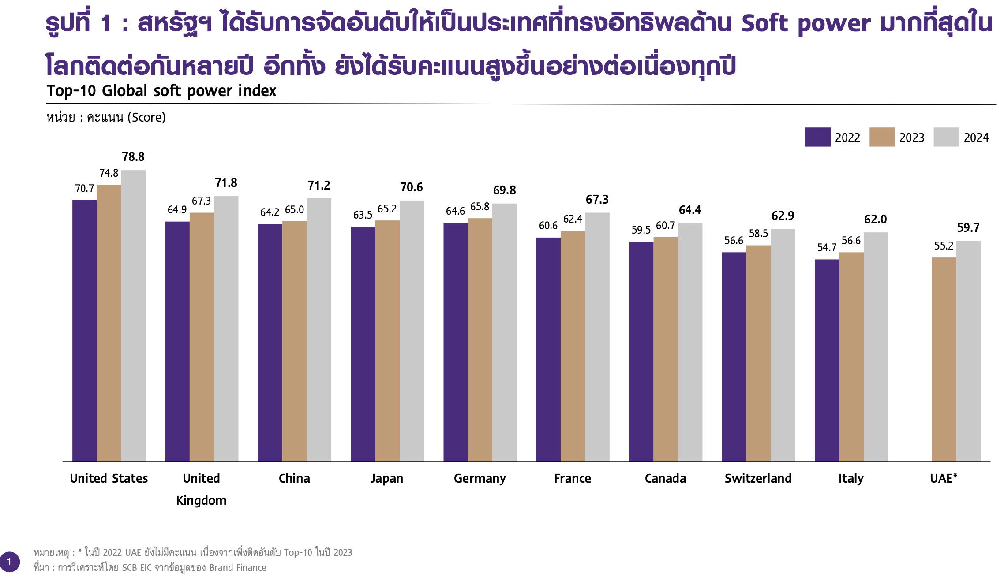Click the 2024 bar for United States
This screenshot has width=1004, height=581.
(133, 316)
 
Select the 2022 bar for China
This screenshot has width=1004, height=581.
(270, 343)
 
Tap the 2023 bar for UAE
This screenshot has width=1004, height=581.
(944, 359)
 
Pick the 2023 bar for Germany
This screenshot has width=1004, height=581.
(480, 339)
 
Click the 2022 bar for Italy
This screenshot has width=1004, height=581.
(827, 360)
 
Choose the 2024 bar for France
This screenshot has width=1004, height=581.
(597, 337)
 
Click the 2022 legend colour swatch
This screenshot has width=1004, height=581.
(817, 137)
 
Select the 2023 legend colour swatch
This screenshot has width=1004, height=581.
(882, 137)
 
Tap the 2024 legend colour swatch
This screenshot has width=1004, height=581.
(946, 137)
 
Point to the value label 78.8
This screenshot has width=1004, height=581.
(133, 157)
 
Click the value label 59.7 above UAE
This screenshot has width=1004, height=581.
(968, 228)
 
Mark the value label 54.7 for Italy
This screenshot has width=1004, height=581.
(827, 248)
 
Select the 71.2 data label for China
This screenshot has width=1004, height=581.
(319, 186)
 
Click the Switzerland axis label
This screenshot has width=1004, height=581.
(758, 478)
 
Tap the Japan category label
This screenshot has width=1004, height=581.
(387, 478)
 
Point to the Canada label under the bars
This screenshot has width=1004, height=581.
(665, 478)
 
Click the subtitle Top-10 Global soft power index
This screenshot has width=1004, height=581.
(161, 91)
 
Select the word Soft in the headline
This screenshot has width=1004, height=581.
(764, 24)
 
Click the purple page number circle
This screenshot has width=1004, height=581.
(9, 562)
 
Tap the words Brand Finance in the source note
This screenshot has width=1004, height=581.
(238, 568)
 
